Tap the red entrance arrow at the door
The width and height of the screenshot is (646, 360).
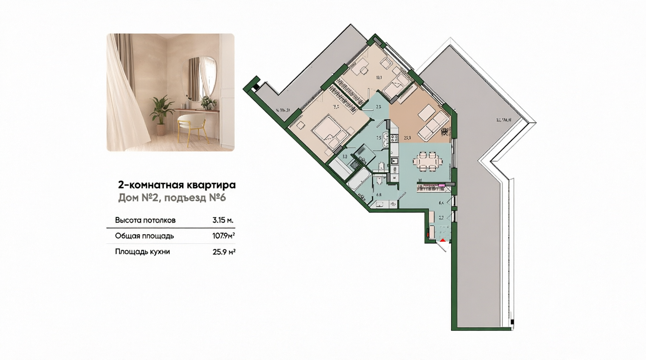tap(443, 241)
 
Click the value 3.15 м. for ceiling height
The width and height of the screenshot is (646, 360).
tap(223, 220)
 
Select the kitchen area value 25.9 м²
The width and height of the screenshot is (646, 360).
tap(224, 252)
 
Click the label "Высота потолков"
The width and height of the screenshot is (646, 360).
tap(145, 220)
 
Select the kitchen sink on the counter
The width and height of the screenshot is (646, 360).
tap(394, 161)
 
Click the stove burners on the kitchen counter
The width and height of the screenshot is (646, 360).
tap(394, 137)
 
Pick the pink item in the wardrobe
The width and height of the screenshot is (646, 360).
tap(441, 186)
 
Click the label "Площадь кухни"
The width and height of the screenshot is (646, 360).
tap(142, 252)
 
